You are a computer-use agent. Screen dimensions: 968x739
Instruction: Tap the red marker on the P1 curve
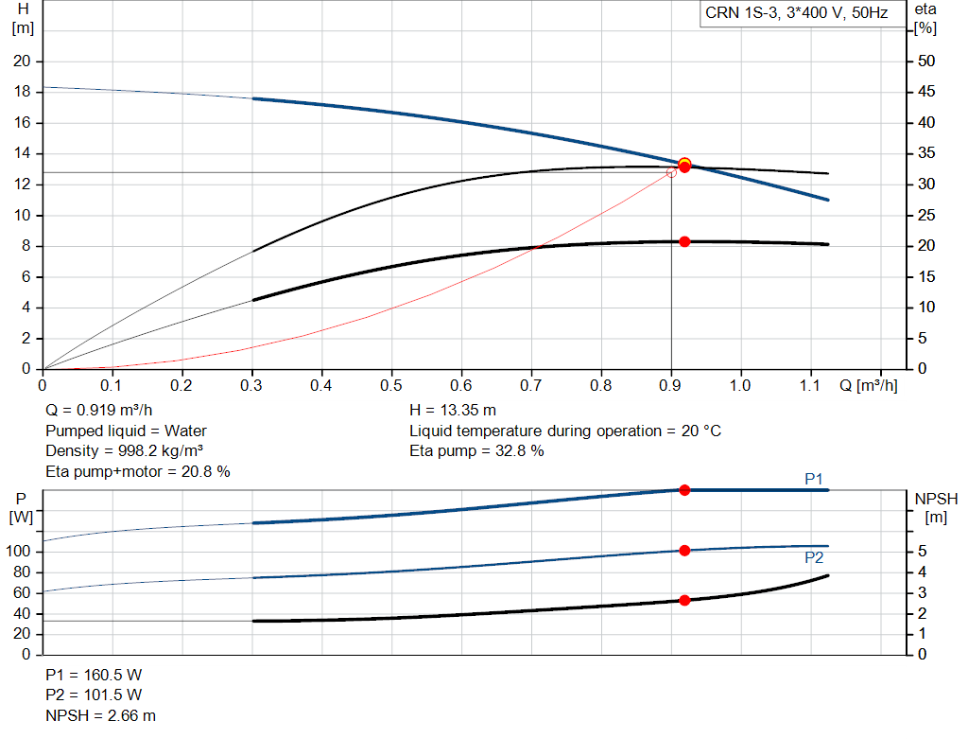(x=684, y=490)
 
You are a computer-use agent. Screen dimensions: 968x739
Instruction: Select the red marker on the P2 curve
(x=684, y=551)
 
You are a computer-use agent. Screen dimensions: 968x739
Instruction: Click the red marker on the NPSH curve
(x=684, y=601)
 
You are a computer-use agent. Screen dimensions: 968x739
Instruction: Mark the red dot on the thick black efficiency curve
(x=684, y=241)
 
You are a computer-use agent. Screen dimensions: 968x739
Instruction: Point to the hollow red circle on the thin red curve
(x=672, y=173)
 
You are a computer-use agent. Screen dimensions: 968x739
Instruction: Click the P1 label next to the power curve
(x=814, y=479)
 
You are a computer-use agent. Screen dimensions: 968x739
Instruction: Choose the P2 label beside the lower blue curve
(x=814, y=558)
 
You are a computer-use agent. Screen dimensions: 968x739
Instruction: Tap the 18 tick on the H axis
(x=22, y=92)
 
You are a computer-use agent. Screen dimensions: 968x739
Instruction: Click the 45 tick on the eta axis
(x=926, y=92)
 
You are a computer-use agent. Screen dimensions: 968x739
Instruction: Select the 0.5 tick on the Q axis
(x=390, y=385)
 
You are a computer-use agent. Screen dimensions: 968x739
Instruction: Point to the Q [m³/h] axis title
(x=868, y=385)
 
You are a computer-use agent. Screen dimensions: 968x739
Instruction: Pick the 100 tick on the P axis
(x=18, y=551)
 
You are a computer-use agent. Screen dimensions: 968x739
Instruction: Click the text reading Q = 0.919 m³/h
(x=98, y=411)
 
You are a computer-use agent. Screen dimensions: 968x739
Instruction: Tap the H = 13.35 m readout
(x=453, y=411)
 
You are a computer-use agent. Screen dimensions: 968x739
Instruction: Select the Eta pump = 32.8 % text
(x=476, y=451)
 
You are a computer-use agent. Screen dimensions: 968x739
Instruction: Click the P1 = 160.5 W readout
(x=94, y=675)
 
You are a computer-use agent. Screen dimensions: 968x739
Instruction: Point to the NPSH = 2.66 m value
(x=100, y=715)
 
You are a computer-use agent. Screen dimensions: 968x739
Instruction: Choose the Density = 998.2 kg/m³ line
(x=124, y=451)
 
